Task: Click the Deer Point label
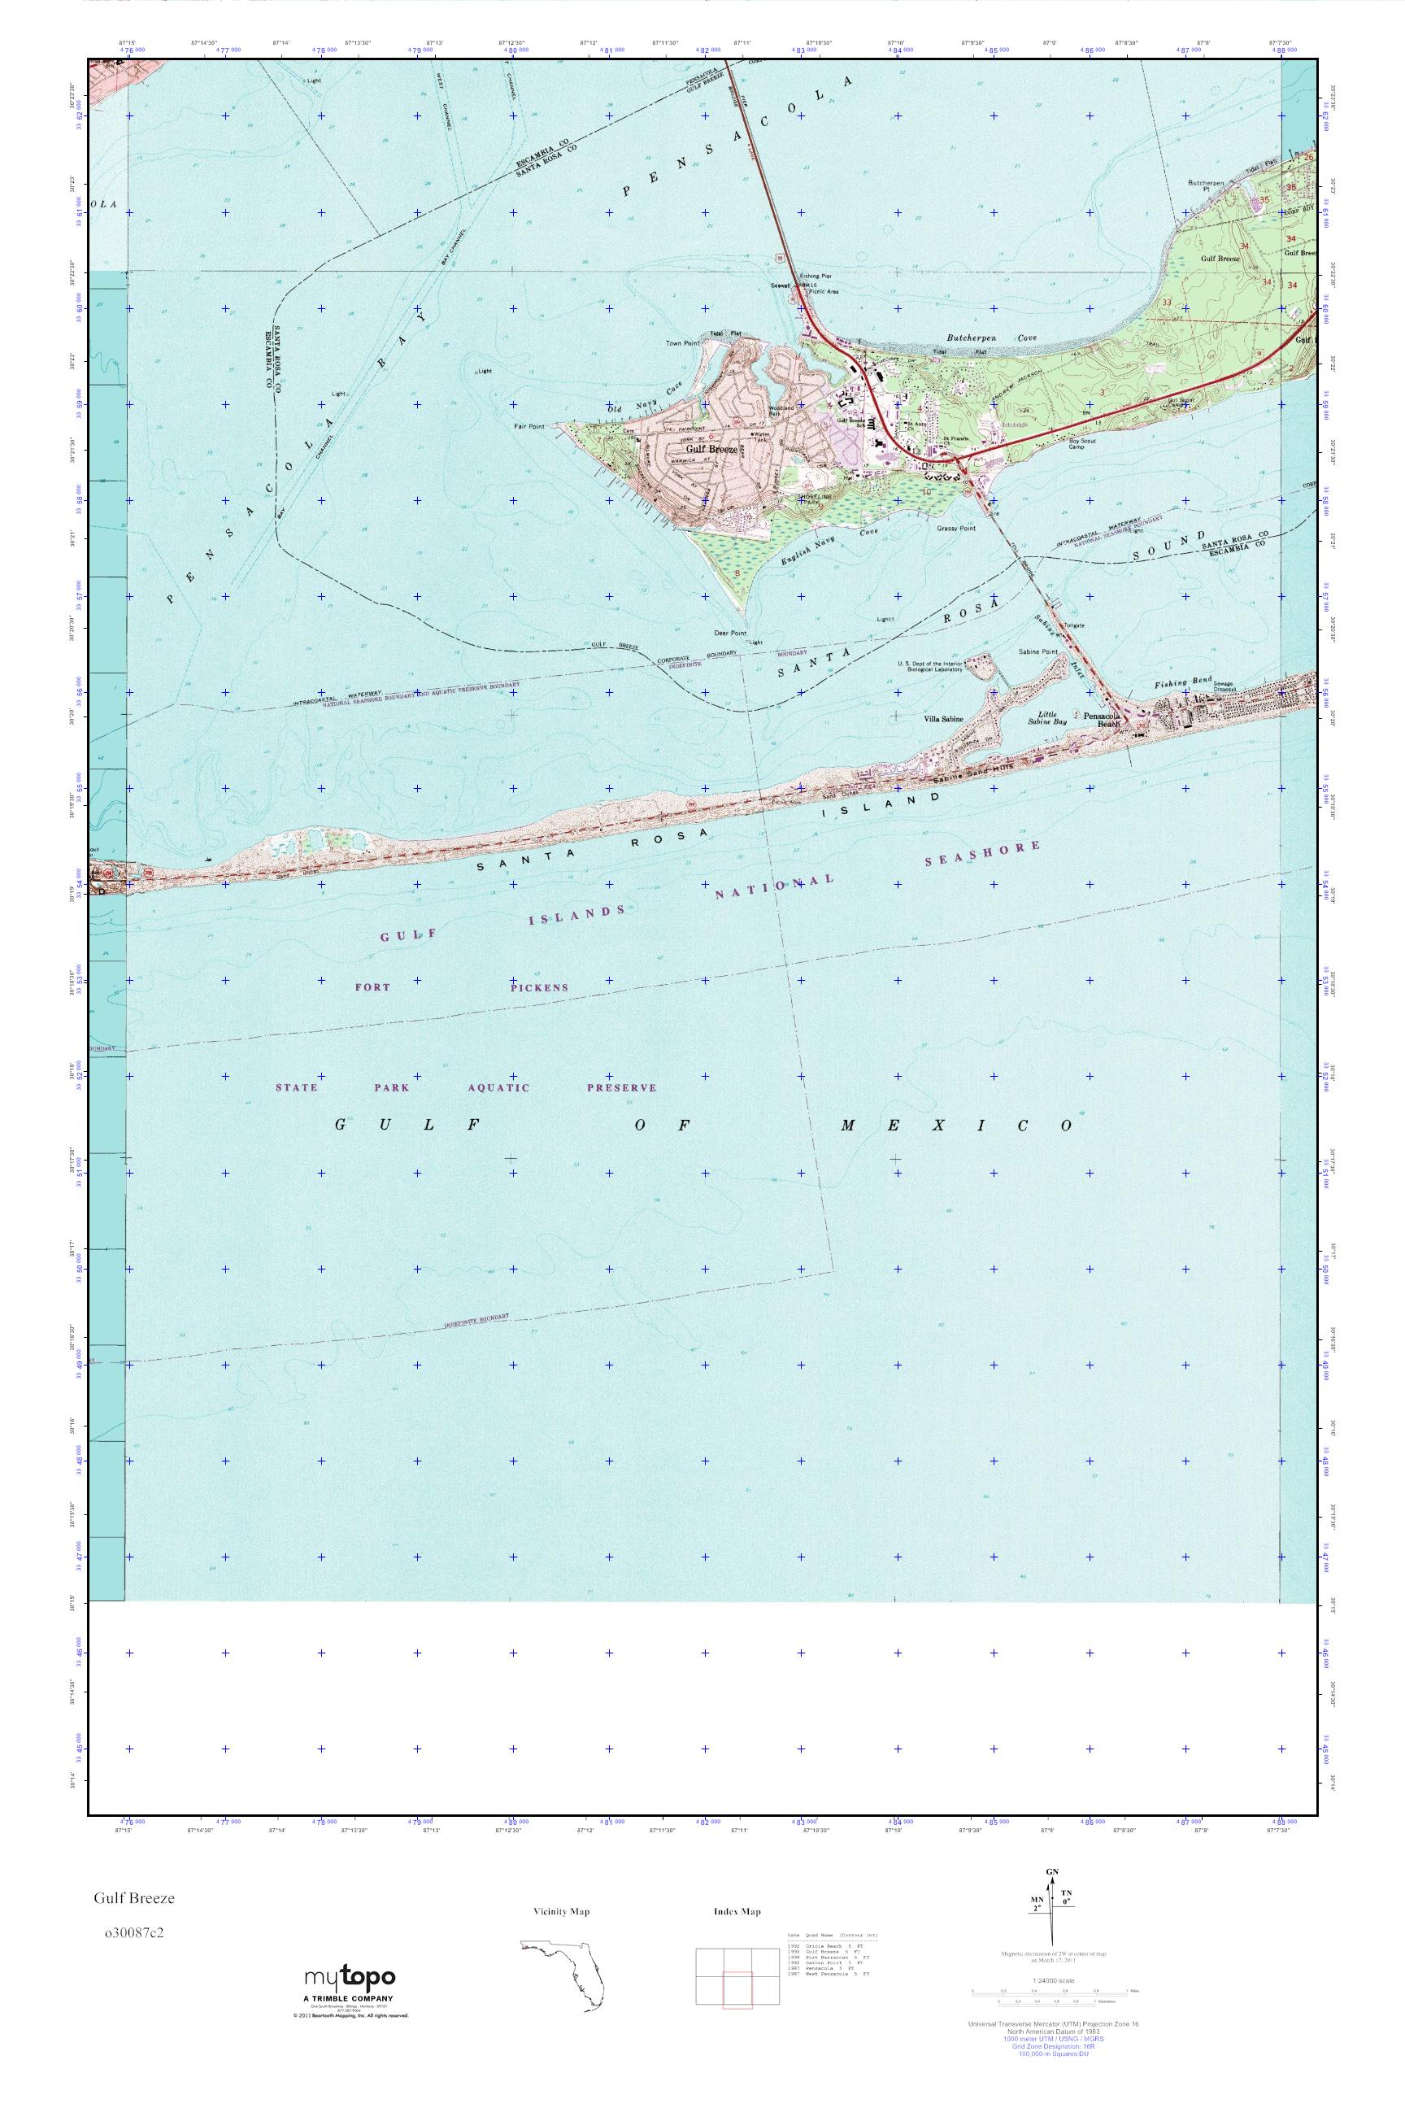730,633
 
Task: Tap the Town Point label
681,343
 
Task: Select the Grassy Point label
956,529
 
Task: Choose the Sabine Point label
1038,651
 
